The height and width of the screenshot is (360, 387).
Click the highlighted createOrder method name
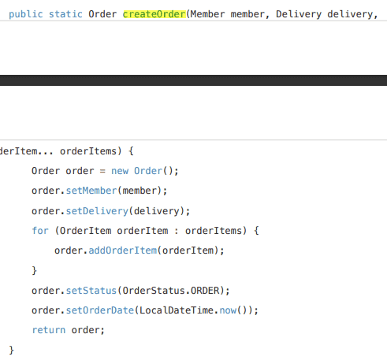tap(154, 14)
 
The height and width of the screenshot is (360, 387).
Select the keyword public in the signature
tap(26, 14)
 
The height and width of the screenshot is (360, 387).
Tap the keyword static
tap(65, 14)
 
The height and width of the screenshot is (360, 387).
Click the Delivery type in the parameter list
tap(299, 14)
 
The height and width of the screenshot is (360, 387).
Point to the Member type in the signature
tap(207, 14)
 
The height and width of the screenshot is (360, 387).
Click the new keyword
tap(120, 171)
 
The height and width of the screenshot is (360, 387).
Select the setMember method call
tap(91, 191)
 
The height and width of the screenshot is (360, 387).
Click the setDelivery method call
tap(97, 211)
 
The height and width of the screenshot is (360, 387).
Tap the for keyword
tap(40, 231)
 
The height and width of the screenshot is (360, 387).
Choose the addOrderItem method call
tap(123, 251)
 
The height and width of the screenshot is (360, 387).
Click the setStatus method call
tap(91, 291)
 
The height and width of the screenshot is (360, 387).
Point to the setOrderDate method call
tap(100, 310)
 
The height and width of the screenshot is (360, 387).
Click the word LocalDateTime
tap(177, 310)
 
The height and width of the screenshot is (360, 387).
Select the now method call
tap(228, 310)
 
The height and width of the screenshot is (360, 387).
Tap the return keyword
tap(49, 330)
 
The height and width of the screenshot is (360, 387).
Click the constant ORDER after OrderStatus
tap(205, 291)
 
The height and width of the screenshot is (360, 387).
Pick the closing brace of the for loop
tap(35, 270)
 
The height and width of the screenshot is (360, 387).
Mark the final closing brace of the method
tap(11, 350)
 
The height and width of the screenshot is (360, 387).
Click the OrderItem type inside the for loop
tap(86, 231)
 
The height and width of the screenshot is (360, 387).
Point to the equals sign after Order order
tap(102, 171)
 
